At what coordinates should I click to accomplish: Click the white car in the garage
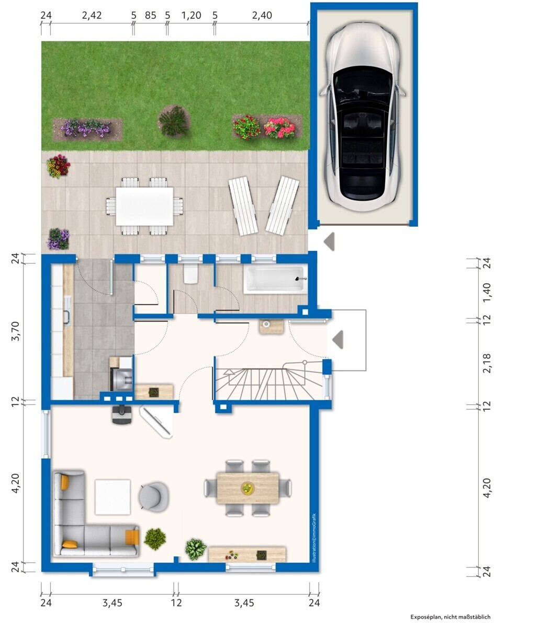pos(363,117)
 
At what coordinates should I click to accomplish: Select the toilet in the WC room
pos(190,274)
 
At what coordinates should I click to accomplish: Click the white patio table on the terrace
pos(144,206)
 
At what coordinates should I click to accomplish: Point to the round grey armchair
pos(153,496)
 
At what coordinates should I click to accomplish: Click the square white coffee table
pos(113,497)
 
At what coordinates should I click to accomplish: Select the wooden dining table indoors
pos(248,488)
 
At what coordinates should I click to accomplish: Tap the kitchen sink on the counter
pos(67,310)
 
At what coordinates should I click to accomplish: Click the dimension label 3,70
pos(15,331)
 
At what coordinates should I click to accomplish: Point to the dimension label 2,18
pos(487,363)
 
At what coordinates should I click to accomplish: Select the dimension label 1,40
pos(487,293)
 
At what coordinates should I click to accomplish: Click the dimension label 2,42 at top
pos(92,15)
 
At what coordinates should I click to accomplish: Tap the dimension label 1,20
pos(191,15)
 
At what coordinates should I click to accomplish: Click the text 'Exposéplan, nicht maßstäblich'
pos(450,617)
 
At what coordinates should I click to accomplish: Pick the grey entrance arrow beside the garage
pos(330,241)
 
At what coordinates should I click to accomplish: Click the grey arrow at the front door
pos(338,339)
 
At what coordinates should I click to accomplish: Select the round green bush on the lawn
pos(174,121)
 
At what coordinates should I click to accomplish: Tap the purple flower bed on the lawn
pos(87,129)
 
